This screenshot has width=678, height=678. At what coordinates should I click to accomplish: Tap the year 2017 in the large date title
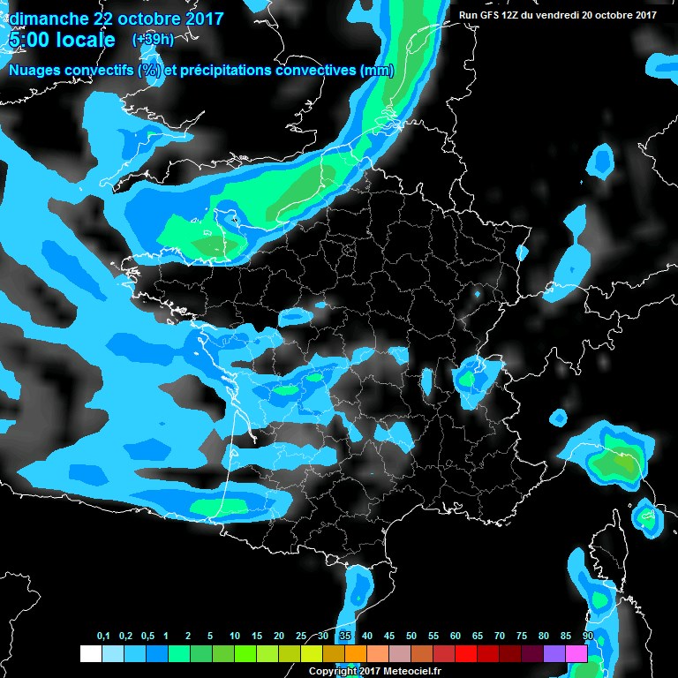pos(200,18)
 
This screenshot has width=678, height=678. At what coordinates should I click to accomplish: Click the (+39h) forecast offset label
pos(153,40)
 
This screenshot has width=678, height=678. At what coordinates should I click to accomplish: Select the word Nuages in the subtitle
pos(34,71)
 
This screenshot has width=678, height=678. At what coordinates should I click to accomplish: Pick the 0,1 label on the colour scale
pos(102,637)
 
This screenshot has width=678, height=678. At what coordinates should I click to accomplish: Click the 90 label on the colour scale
pos(588,637)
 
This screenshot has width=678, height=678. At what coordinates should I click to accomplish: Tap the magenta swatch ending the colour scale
pos(576,654)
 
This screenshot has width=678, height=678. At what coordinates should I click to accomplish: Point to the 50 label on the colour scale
pos(411,637)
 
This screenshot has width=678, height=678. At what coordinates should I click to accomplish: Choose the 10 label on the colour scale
pos(235,637)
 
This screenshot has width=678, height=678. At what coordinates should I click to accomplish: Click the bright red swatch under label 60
pos(466,654)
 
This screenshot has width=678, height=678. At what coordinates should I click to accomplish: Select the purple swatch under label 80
pos(554,654)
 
